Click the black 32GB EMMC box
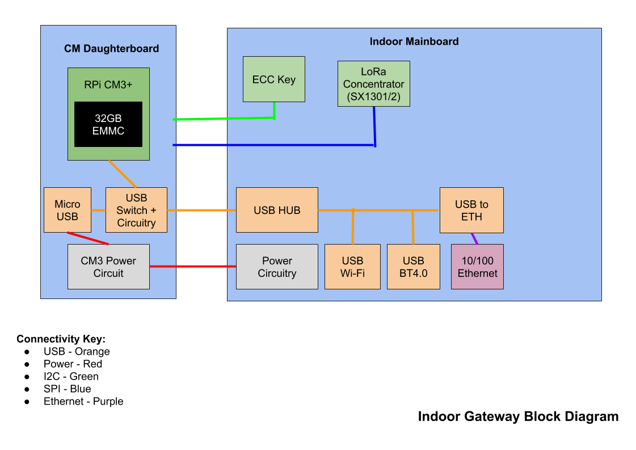click(x=108, y=124)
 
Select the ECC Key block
click(x=273, y=79)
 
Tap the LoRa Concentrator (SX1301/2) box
click(x=373, y=84)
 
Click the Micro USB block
click(x=67, y=210)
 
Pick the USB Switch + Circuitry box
click(x=136, y=210)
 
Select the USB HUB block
click(x=277, y=210)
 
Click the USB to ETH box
click(x=471, y=210)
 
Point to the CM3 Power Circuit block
click(x=108, y=267)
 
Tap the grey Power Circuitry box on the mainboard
click(x=277, y=267)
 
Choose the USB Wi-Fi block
click(x=352, y=267)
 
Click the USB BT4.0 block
click(x=413, y=267)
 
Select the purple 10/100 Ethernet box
click(x=477, y=267)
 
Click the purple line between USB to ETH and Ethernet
click(x=474, y=238)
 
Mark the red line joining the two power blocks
click(x=193, y=266)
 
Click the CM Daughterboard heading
click(x=111, y=49)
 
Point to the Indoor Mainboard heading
click(x=414, y=41)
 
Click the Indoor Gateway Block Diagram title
click(x=518, y=417)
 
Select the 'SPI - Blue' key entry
click(x=67, y=389)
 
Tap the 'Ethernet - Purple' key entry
click(x=83, y=401)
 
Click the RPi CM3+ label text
click(x=108, y=85)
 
